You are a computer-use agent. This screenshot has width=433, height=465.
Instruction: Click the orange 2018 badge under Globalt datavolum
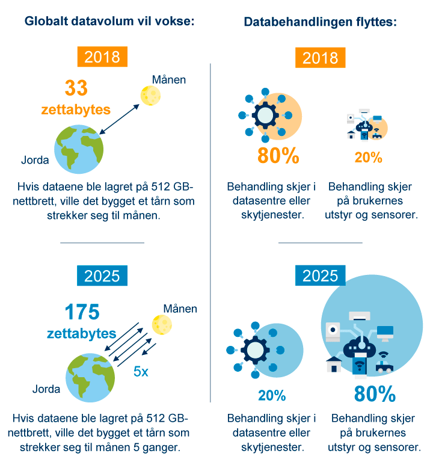click(102, 57)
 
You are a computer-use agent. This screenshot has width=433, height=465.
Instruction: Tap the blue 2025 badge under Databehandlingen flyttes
click(320, 276)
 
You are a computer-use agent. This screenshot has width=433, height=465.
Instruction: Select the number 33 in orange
click(76, 88)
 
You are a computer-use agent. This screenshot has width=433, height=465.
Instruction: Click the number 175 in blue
click(82, 312)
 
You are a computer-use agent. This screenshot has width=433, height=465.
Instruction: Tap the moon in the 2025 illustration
click(161, 324)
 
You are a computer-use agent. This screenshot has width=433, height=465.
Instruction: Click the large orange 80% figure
click(278, 156)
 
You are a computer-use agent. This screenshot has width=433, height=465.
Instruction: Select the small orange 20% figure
click(368, 158)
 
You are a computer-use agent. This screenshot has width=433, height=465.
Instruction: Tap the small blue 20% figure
click(272, 395)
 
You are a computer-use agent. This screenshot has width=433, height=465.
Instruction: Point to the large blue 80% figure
click(375, 395)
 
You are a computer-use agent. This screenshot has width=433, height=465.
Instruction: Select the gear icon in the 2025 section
click(253, 350)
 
